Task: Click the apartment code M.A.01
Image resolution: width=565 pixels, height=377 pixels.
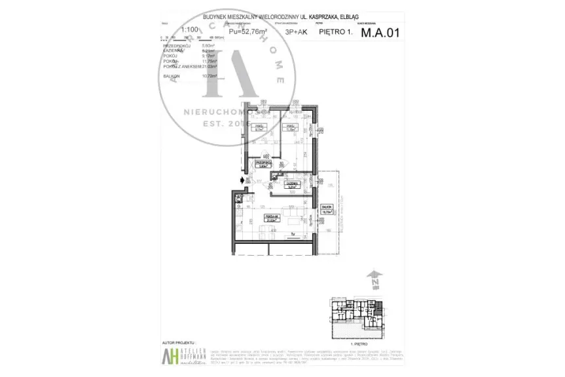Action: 378,30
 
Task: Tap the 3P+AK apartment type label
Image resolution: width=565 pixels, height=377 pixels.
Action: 295,31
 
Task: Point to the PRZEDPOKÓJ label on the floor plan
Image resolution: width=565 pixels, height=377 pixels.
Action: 264,163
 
